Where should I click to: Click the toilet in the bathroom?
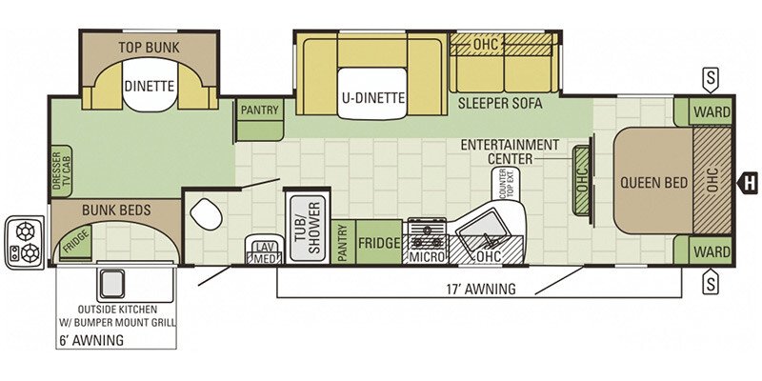pos(206,214)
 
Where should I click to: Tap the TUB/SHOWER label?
pos(308,229)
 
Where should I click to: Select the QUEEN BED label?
pos(654,183)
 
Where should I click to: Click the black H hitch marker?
pos(749,183)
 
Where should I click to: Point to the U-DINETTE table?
pos(372,93)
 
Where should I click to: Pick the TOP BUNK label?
pos(150,47)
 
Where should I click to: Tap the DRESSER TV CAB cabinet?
pos(61,171)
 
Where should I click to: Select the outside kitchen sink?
pos(112,282)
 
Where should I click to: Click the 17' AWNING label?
pos(481,289)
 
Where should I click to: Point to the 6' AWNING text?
pos(91,340)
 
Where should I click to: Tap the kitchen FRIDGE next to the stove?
pos(379,242)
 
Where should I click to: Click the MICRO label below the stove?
pos(428,256)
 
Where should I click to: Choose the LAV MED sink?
pos(265,250)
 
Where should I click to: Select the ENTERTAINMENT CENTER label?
pos(510,151)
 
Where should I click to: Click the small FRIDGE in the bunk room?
pos(76,242)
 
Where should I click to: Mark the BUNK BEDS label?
pos(116,210)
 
